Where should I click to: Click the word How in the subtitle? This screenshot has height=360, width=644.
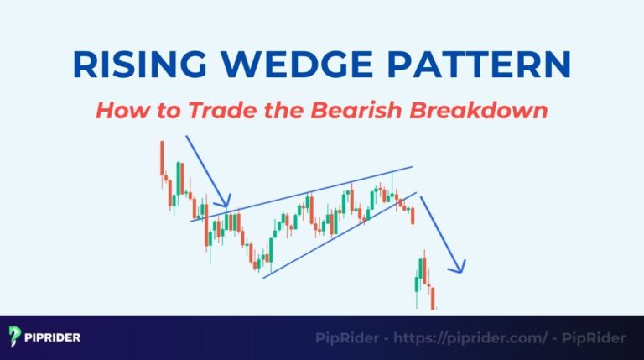click(x=117, y=110)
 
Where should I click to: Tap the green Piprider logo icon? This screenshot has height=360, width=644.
click(x=15, y=337)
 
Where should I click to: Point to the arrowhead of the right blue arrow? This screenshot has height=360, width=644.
click(x=459, y=269)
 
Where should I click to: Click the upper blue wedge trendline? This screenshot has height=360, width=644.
click(x=319, y=192)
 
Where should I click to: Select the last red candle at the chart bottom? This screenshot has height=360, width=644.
click(x=434, y=298)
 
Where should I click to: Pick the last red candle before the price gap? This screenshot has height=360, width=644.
click(x=413, y=216)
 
